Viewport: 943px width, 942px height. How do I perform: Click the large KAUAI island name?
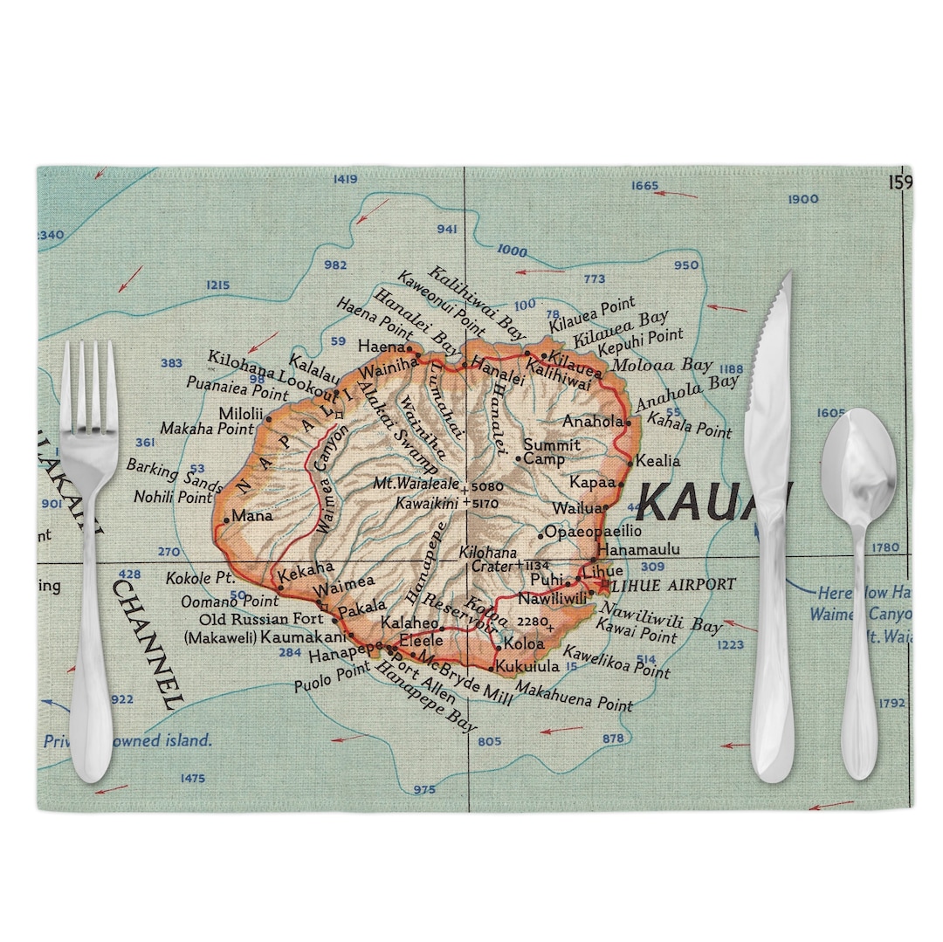coord(712,502)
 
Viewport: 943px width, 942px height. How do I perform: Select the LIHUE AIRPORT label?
coord(673,584)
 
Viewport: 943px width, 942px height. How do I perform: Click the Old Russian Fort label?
coord(261,620)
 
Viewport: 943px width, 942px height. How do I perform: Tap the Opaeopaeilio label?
coord(593,531)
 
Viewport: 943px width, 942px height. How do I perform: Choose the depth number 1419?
coord(346,180)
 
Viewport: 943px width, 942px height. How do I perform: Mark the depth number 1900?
coord(803,199)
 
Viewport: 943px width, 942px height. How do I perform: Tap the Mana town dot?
coord(226,520)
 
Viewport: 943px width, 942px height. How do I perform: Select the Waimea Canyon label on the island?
coord(331,476)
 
